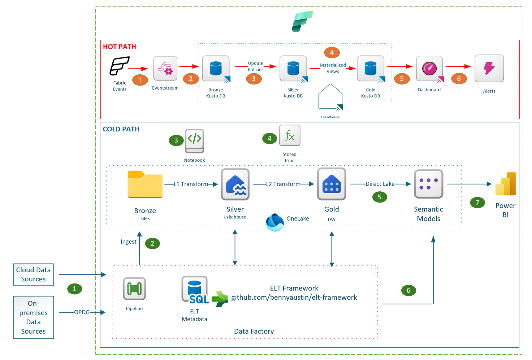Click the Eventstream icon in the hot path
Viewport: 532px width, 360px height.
(x=165, y=68)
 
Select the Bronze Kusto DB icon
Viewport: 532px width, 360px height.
(x=216, y=69)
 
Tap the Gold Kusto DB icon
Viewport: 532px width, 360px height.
(x=371, y=69)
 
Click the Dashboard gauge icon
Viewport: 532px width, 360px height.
(x=429, y=69)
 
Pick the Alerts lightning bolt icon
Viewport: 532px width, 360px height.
(x=489, y=68)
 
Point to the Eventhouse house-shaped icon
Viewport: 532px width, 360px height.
(x=330, y=97)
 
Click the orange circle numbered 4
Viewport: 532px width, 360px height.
(x=332, y=53)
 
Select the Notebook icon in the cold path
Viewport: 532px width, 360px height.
(x=194, y=141)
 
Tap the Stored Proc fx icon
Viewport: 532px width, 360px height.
(x=290, y=135)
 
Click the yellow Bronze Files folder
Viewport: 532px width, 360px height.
(x=145, y=184)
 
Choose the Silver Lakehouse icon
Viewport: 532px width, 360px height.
(x=235, y=184)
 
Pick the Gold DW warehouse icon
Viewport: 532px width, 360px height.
(x=332, y=184)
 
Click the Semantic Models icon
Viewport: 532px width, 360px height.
(x=428, y=184)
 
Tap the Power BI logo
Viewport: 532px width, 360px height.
(x=505, y=184)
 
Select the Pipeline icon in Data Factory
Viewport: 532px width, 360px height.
(x=134, y=289)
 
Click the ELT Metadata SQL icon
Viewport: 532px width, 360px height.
(x=195, y=290)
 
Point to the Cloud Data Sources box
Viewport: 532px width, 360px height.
(x=34, y=274)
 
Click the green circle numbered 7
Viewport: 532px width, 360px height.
(x=477, y=203)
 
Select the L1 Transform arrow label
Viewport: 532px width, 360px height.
(x=191, y=184)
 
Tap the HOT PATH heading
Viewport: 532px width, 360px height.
(x=120, y=47)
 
